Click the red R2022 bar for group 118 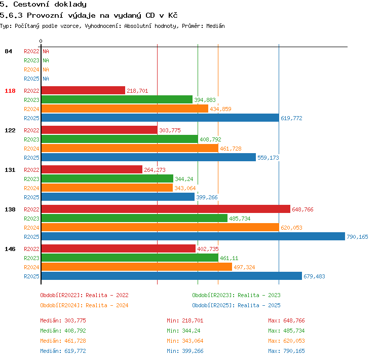point(83,90)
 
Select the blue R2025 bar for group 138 point(193,236)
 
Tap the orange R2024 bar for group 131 point(107,188)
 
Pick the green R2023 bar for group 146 point(130,258)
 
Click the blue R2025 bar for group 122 point(148,158)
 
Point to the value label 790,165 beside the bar point(357,237)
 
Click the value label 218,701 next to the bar point(137,91)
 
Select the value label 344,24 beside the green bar point(184,179)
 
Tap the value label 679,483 point(314,276)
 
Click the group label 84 point(8,51)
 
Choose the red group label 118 point(10,91)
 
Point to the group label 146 point(10,249)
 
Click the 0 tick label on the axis point(41,41)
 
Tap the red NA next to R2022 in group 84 point(46,51)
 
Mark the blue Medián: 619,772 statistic point(63,351)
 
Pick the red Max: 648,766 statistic point(286,320)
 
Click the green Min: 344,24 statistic point(183,331)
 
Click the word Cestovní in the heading point(31,5)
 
